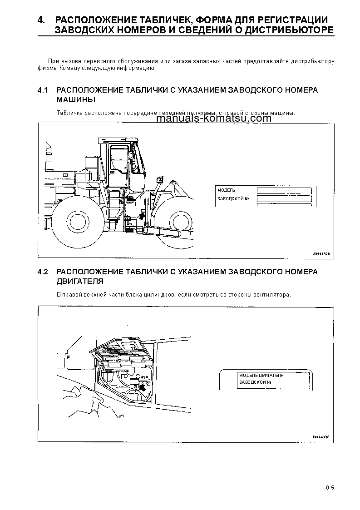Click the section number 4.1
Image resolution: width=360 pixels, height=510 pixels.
[43, 90]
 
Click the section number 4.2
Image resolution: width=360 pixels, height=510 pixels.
[43, 272]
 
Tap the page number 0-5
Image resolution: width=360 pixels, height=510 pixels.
[330, 488]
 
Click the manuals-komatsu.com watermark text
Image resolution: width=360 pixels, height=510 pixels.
[213, 119]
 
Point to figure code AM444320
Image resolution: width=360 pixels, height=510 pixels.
[321, 254]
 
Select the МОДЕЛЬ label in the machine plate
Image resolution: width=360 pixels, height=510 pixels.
[226, 190]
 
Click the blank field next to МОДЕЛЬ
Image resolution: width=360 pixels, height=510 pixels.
[284, 190]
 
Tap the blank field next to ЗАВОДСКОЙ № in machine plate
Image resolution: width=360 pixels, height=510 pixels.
[284, 198]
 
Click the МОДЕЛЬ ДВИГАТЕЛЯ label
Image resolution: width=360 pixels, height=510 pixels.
[261, 376]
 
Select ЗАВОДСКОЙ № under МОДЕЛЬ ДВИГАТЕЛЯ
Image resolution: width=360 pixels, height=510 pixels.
[255, 382]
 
